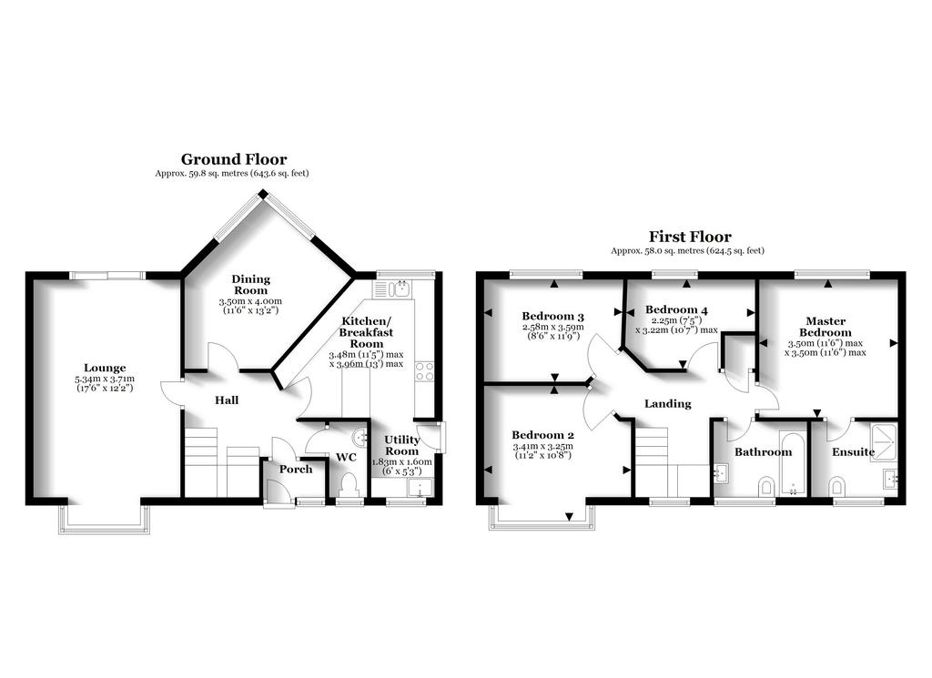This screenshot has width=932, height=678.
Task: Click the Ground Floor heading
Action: (x=234, y=159)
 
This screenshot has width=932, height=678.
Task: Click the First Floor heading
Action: (x=690, y=237)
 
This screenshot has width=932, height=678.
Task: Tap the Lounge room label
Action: (x=105, y=368)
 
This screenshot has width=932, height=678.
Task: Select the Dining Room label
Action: (x=251, y=285)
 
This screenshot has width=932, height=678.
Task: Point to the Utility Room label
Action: (x=401, y=445)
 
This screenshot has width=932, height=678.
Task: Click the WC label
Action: (x=346, y=457)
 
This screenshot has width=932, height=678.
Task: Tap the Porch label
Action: (x=296, y=470)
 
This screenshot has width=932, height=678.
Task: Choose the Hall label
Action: (x=227, y=400)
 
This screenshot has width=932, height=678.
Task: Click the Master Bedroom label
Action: (x=825, y=327)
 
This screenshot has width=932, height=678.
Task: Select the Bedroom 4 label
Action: (x=676, y=309)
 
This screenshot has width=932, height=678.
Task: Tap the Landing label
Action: (x=668, y=404)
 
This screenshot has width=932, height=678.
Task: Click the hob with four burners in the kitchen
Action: (x=424, y=371)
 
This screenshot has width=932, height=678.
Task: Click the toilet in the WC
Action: (x=349, y=484)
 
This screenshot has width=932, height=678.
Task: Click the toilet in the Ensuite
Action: (x=836, y=486)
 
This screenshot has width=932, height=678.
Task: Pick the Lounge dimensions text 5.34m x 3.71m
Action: (x=105, y=379)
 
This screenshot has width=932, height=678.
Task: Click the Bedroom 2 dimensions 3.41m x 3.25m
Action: (x=542, y=446)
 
